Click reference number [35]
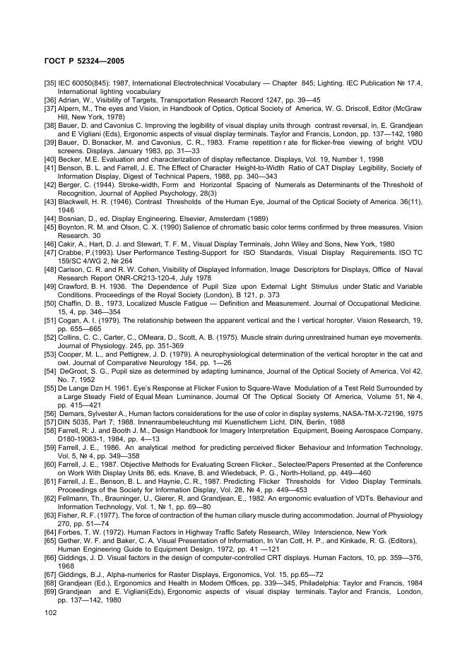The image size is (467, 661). (x=50, y=84)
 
